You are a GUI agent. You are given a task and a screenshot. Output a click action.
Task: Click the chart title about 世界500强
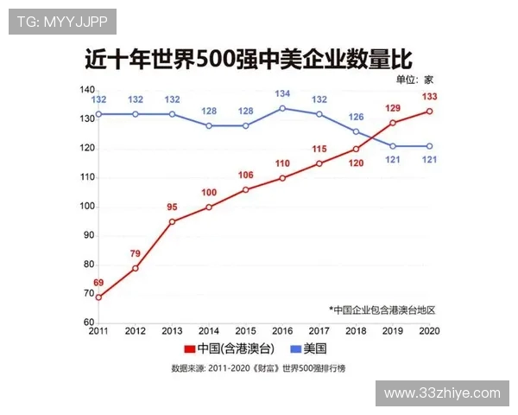click(x=248, y=60)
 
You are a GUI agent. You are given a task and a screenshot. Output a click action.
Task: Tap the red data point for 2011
click(x=98, y=297)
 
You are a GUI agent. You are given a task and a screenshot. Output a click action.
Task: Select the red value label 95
click(x=173, y=207)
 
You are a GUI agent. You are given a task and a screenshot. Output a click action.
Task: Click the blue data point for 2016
click(x=282, y=108)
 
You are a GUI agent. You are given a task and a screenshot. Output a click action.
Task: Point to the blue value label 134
click(x=282, y=93)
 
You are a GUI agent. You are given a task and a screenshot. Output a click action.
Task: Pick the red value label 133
click(x=430, y=95)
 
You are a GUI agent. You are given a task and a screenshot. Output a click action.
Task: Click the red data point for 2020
click(x=430, y=111)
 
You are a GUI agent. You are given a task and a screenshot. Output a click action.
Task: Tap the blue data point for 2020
click(x=430, y=146)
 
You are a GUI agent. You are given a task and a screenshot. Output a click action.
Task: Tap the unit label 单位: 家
click(x=414, y=79)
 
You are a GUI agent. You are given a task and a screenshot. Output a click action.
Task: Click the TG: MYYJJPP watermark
click(x=62, y=22)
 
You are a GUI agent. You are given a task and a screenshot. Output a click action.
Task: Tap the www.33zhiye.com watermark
click(x=442, y=393)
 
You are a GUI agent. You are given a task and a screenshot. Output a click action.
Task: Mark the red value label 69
click(x=98, y=283)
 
